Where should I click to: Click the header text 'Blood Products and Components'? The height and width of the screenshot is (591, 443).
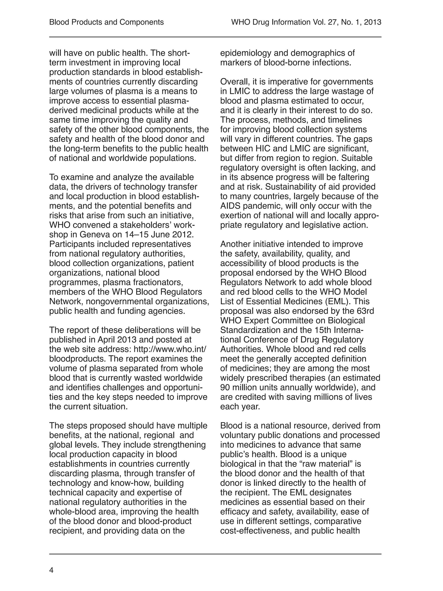coord(106,22)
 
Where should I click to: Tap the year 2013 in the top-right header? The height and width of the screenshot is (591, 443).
coord(372,22)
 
